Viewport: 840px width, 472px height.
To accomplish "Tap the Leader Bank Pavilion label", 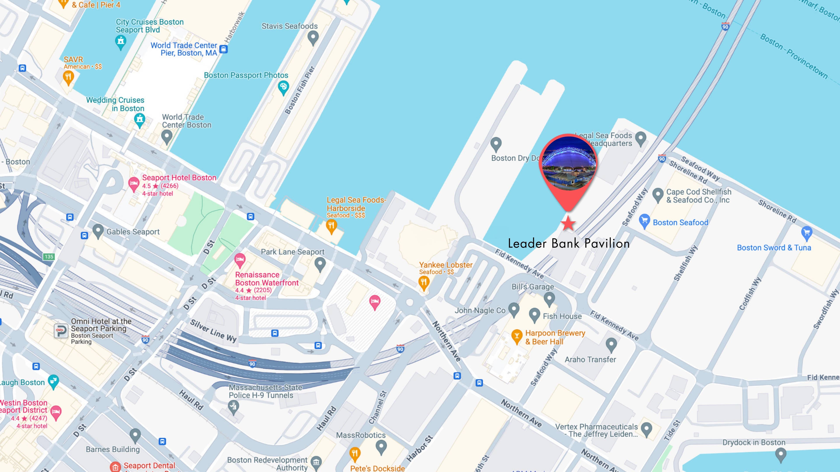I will pyautogui.click(x=569, y=243).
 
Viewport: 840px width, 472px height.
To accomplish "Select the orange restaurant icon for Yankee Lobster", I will pyautogui.click(x=423, y=282).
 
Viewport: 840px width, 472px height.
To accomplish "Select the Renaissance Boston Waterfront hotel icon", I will pyautogui.click(x=240, y=260).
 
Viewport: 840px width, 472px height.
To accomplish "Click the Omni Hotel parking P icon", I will pyautogui.click(x=61, y=331).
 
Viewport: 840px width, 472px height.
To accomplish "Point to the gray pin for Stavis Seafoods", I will pyautogui.click(x=313, y=37).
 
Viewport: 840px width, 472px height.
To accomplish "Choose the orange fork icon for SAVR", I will pyautogui.click(x=68, y=78).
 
